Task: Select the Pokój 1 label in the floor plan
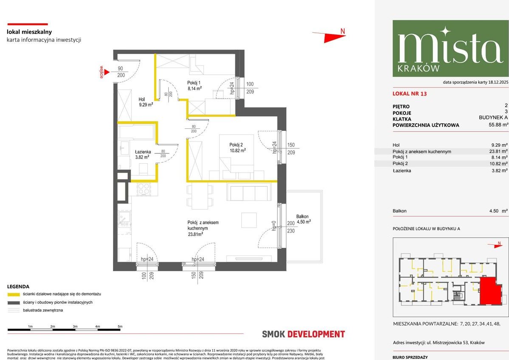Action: (x=194, y=85)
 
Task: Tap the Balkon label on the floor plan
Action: (x=303, y=219)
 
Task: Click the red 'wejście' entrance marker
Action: (x=102, y=73)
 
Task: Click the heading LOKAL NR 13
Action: (x=410, y=94)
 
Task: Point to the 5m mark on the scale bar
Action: (x=120, y=326)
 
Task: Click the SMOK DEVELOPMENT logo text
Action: (x=303, y=334)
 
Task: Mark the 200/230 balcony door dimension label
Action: (x=291, y=227)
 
